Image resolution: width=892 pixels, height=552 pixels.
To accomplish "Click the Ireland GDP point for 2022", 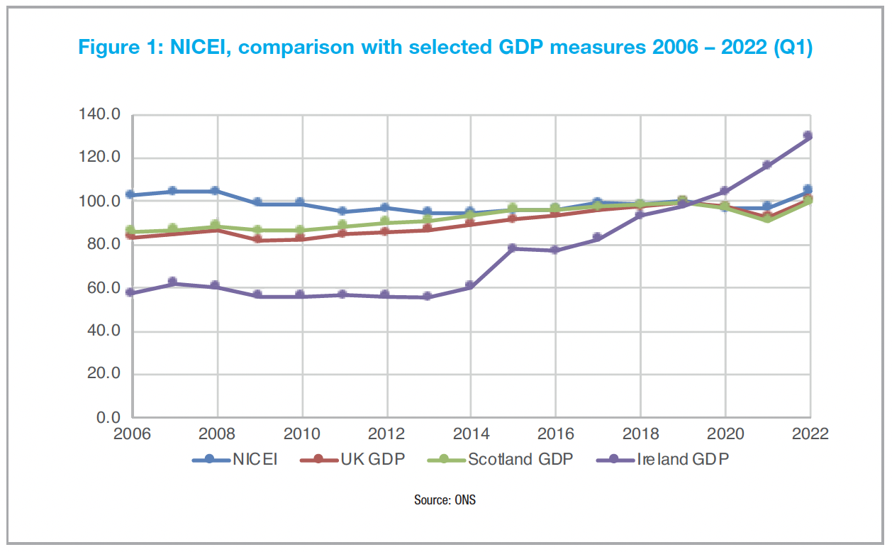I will [x=808, y=136].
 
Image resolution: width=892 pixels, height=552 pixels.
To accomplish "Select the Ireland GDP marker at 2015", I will [x=512, y=248].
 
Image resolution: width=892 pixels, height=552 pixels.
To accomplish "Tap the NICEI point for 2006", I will [x=130, y=194].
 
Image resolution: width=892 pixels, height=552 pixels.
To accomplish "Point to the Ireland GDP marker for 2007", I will [x=172, y=282].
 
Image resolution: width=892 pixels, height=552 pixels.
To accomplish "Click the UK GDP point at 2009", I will [x=257, y=240].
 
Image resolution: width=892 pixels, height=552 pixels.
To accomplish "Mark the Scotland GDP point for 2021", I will [x=766, y=219].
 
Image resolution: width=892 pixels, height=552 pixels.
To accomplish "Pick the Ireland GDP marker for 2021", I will [x=766, y=165].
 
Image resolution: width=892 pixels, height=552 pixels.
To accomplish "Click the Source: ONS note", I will [x=445, y=500].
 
